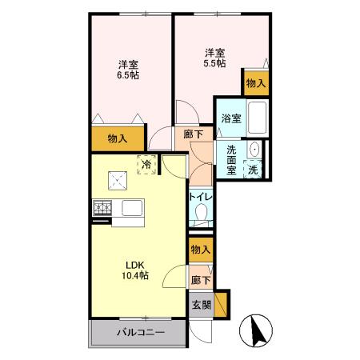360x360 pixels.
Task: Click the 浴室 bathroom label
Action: (231, 119)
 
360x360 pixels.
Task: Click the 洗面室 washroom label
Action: (231, 160)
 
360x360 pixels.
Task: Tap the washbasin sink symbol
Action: (254, 149)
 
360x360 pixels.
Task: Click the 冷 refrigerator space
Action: (146, 164)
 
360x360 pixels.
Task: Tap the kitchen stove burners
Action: (103, 210)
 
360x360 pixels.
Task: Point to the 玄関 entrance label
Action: (201, 305)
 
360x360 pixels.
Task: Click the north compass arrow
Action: (258, 329)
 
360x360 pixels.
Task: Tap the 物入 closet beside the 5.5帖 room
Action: (255, 82)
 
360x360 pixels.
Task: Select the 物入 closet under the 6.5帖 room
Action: (118, 138)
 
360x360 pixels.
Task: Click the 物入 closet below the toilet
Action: (201, 250)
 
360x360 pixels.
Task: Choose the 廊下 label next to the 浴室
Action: (193, 136)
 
